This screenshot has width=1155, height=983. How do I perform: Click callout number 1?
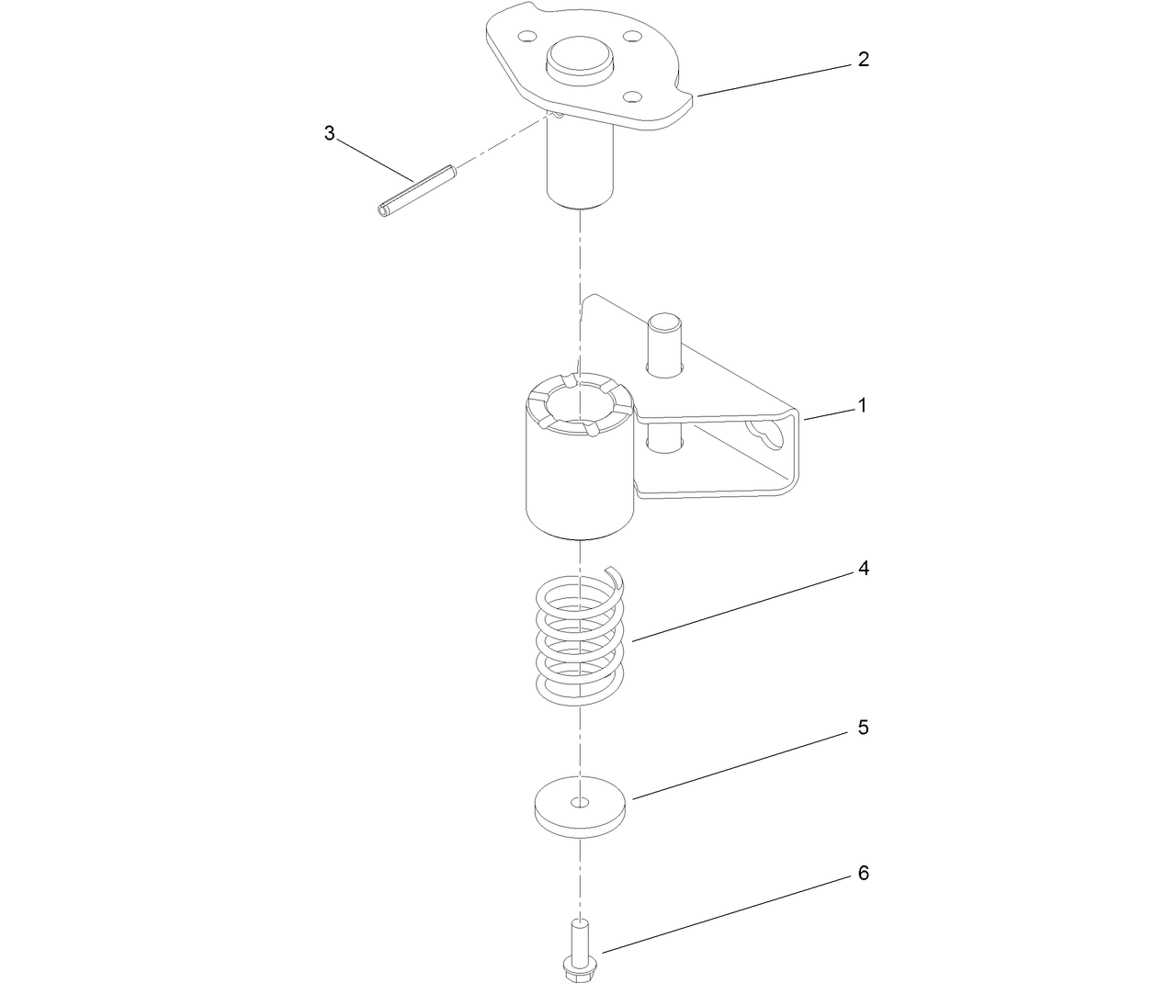[x=861, y=405]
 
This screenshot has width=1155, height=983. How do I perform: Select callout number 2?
[x=863, y=60]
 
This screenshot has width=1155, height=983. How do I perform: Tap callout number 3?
[x=329, y=133]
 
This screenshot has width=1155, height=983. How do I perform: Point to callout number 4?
[x=863, y=569]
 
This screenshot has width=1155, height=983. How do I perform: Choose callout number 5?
[x=863, y=728]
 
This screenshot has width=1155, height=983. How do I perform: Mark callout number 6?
[x=863, y=873]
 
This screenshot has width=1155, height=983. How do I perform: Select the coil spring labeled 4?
[x=580, y=643]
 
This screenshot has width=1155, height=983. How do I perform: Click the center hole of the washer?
[x=580, y=803]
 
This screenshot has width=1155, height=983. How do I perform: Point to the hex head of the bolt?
[x=579, y=966]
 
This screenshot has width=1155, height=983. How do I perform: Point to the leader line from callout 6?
[x=726, y=911]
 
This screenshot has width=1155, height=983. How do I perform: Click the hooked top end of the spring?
[x=617, y=578]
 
